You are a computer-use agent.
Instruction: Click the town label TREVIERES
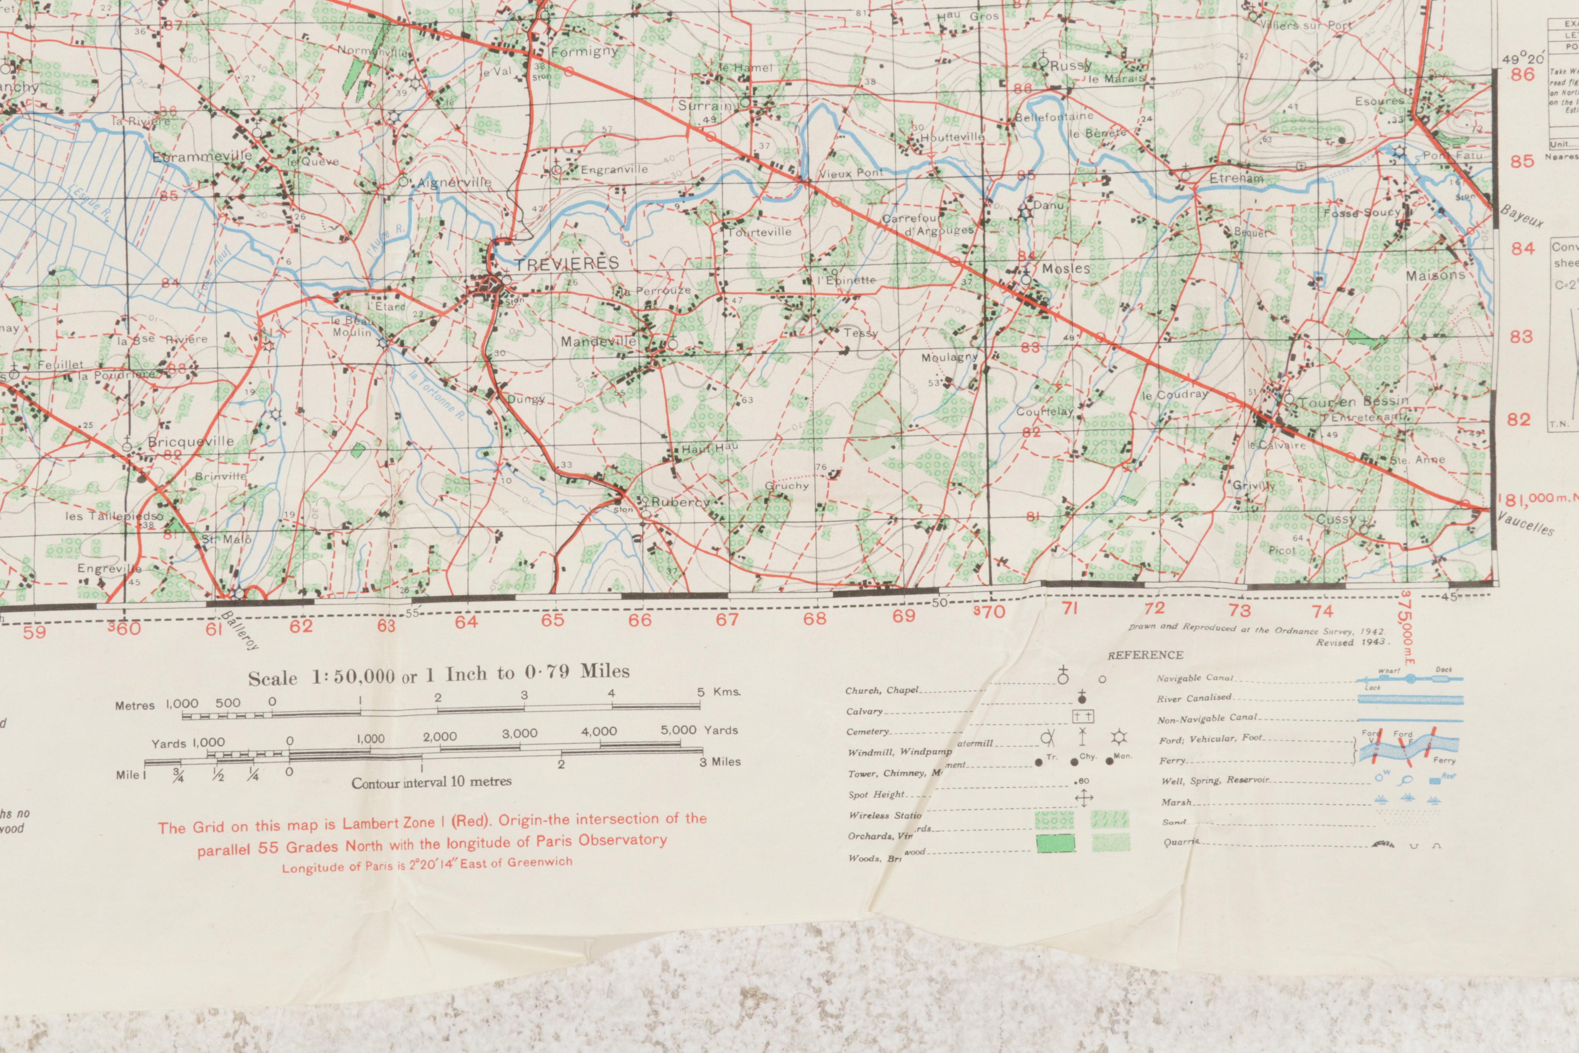[566, 263]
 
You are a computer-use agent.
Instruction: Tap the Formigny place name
[584, 52]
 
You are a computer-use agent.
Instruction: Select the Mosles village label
[1065, 269]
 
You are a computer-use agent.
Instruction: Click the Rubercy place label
[679, 502]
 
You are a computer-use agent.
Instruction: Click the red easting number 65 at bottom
[552, 620]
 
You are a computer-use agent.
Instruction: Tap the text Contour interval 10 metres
[431, 782]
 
